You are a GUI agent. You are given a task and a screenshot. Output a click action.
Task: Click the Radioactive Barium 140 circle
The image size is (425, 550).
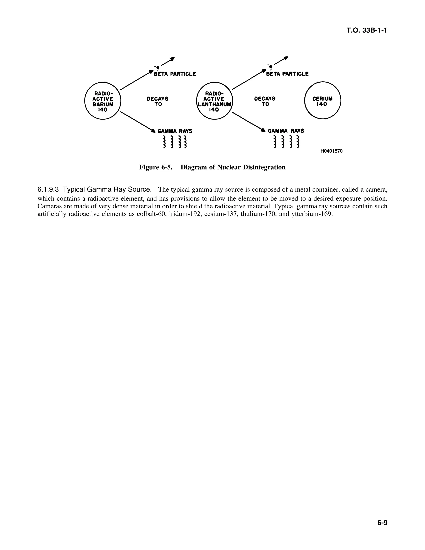pos(103,101)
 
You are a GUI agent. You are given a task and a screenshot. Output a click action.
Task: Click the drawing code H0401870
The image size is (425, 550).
pos(331,151)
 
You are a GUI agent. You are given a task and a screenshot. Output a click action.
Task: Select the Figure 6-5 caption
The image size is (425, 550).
pos(212,167)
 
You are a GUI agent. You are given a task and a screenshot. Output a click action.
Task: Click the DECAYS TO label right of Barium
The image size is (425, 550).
pos(158,101)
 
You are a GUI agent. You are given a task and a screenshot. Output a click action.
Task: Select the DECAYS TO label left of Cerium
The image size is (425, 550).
pos(265,101)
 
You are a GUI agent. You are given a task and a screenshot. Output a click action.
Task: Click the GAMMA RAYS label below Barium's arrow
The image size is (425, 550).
pos(175,131)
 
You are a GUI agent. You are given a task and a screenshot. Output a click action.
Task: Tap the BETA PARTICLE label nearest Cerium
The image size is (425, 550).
pos(287,74)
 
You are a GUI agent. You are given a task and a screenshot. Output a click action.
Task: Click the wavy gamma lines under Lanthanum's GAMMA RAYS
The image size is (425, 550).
pos(286,142)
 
